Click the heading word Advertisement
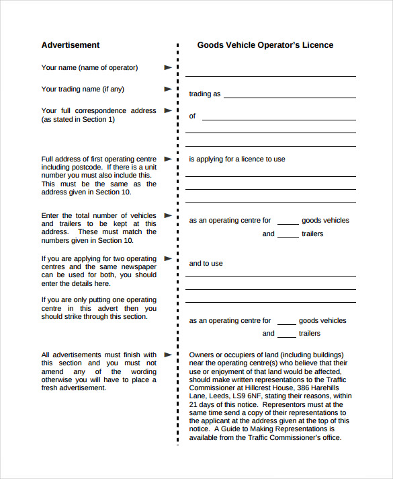(x=71, y=45)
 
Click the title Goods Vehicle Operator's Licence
(x=265, y=45)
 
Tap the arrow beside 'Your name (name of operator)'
(x=168, y=67)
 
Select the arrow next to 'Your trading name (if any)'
(x=168, y=89)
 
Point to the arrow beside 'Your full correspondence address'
(x=168, y=110)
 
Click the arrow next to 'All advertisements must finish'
(x=168, y=355)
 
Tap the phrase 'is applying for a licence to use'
(x=237, y=159)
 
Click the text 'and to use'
(x=206, y=263)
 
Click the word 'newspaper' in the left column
(x=140, y=266)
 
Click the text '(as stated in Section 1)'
(x=78, y=119)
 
